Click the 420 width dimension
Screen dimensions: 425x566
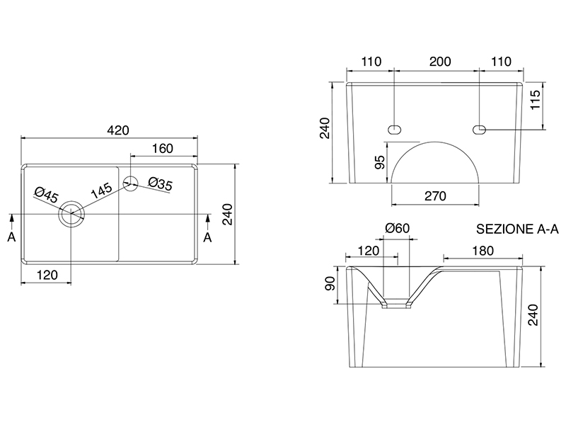pos(117,130)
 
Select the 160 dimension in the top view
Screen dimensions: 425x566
pos(163,148)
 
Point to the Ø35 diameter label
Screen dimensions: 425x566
pos(161,184)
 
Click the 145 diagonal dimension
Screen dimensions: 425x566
pos(100,189)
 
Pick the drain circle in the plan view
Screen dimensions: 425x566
pos(72,212)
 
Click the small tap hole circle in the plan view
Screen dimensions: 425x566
pos(131,182)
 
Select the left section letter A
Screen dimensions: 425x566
pos(11,237)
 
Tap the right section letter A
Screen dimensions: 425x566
pos(207,237)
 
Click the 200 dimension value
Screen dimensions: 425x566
pos(440,62)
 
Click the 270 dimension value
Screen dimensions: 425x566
pos(434,196)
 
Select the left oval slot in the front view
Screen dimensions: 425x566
pos(394,129)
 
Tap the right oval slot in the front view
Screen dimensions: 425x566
pos(480,129)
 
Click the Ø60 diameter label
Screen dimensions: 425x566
pos(398,228)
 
